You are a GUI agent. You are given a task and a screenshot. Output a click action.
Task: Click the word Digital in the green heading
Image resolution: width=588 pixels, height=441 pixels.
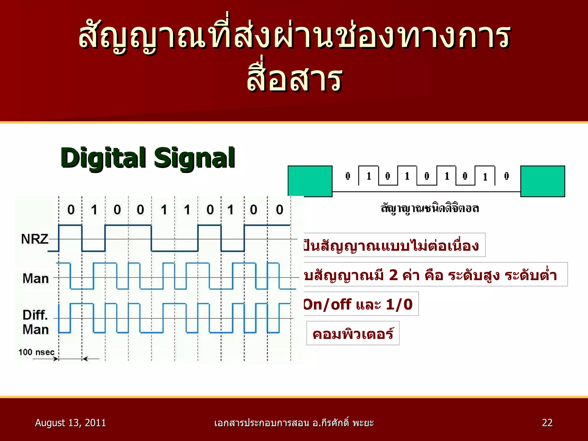tap(103, 158)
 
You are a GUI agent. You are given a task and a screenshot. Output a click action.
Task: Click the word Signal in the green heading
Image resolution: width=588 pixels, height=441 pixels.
tap(194, 158)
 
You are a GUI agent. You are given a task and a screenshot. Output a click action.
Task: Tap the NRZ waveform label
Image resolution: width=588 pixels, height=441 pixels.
tap(35, 239)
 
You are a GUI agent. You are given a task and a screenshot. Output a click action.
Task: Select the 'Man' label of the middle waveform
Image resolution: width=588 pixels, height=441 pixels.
tap(36, 278)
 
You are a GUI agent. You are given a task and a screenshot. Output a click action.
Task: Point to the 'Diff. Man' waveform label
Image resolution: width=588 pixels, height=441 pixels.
tap(36, 322)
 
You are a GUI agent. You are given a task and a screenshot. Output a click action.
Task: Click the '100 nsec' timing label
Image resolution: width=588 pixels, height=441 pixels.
tap(36, 352)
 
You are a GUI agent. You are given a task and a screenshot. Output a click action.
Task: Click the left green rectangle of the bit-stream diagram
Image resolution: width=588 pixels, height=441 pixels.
tap(310, 181)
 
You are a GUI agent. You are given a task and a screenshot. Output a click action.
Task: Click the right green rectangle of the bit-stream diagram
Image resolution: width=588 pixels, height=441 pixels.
tap(543, 181)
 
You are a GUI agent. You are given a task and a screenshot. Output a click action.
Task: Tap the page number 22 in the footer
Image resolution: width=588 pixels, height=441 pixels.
tap(547, 423)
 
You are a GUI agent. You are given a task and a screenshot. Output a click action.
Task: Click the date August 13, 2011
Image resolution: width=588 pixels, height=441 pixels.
tap(70, 423)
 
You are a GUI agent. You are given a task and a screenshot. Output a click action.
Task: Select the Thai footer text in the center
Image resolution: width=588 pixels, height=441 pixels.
tap(294, 423)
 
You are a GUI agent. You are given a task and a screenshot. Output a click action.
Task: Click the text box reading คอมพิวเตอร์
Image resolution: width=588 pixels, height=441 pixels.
tap(353, 334)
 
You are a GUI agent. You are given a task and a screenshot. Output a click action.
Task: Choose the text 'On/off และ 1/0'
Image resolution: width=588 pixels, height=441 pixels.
tap(358, 304)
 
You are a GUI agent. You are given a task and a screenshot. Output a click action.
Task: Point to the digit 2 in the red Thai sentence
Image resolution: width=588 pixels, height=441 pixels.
tap(394, 275)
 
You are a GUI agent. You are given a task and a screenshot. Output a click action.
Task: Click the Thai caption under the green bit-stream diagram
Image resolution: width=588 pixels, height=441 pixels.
tap(430, 208)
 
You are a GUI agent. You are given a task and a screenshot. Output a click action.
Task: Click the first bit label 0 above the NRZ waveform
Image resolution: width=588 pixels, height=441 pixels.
tap(71, 210)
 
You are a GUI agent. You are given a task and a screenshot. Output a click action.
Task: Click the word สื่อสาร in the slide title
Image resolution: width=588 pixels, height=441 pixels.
tap(295, 79)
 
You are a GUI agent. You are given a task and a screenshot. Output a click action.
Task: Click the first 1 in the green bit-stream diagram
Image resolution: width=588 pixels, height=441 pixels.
tap(369, 176)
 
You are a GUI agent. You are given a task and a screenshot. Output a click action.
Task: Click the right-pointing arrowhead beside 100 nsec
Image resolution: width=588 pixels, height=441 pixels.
tap(56, 359)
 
